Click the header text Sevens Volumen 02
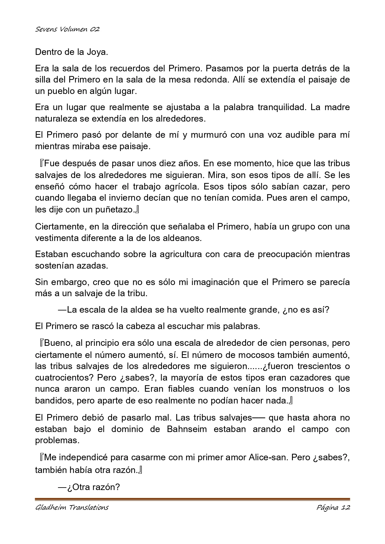pyautogui.click(x=67, y=29)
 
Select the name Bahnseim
pyautogui.click(x=188, y=429)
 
